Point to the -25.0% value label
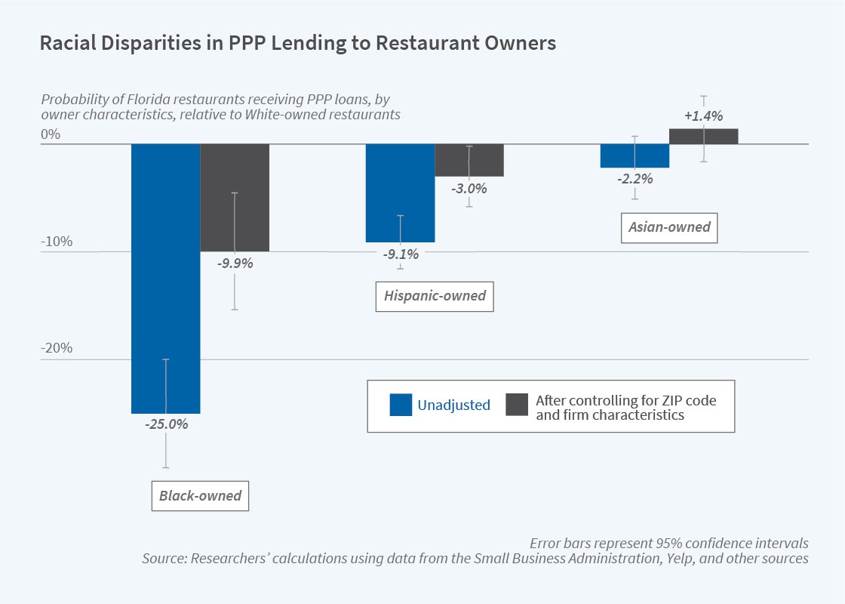[166, 424]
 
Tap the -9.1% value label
[400, 254]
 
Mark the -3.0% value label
[469, 189]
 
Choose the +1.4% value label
[703, 116]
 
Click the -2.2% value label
[634, 180]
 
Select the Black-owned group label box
[200, 496]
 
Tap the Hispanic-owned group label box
[435, 296]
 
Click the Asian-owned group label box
[669, 226]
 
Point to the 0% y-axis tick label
[50, 135]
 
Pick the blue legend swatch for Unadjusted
[401, 405]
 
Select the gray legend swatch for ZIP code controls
[516, 405]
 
